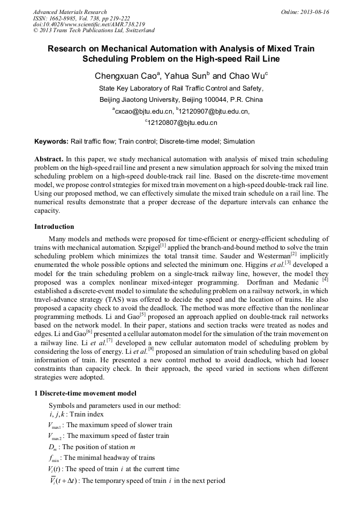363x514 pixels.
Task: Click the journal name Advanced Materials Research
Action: click(x=70, y=12)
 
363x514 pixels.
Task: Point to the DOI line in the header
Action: click(x=89, y=24)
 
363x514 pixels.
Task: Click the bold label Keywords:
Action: click(x=51, y=141)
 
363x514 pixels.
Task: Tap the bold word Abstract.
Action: click(x=48, y=160)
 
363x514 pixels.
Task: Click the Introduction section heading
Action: click(x=54, y=227)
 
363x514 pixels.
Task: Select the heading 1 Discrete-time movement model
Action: click(x=85, y=393)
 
